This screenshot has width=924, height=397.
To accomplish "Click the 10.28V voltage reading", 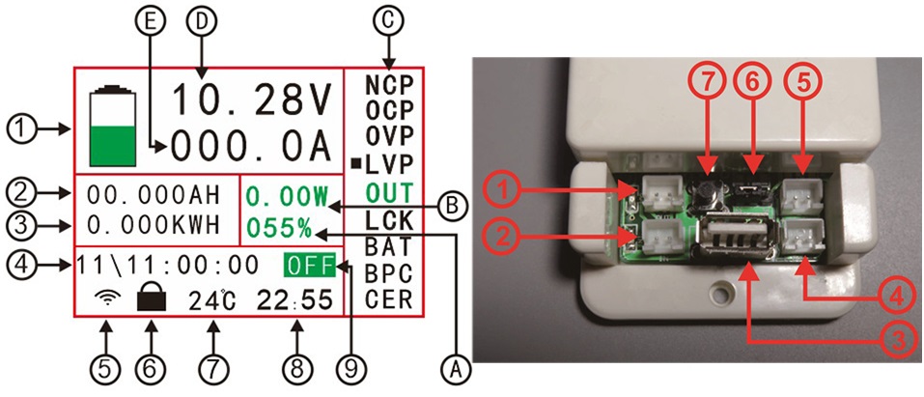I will (x=252, y=100).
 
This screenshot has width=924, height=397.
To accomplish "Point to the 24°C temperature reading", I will (x=211, y=299).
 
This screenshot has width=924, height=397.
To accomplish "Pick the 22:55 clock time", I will (x=296, y=299).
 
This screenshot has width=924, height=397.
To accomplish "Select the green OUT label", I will (x=389, y=192).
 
